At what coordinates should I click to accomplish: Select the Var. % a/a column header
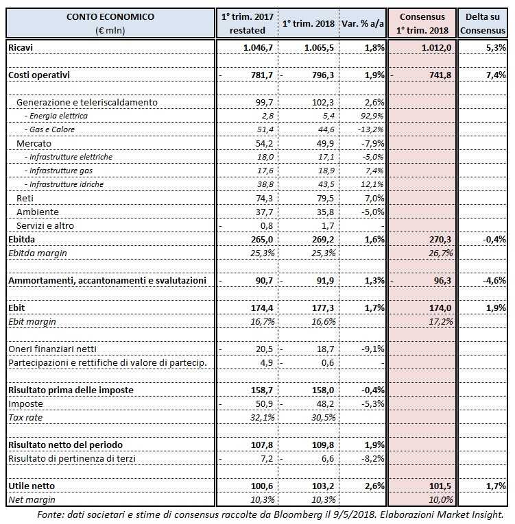(363, 23)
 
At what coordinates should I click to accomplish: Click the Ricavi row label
(21, 47)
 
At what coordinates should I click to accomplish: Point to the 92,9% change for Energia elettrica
(370, 116)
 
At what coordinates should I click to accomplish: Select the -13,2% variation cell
(368, 129)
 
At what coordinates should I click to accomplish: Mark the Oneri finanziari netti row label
(51, 349)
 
